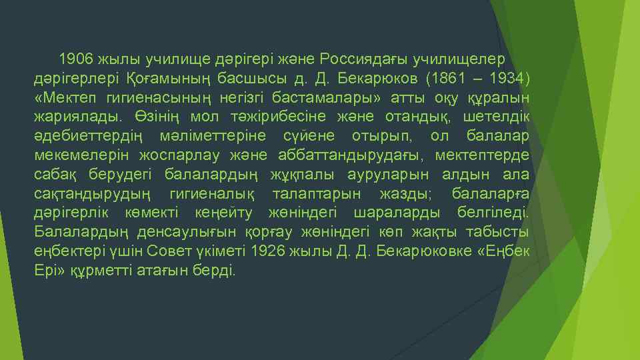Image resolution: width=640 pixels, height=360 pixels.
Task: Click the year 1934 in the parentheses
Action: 510,80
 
